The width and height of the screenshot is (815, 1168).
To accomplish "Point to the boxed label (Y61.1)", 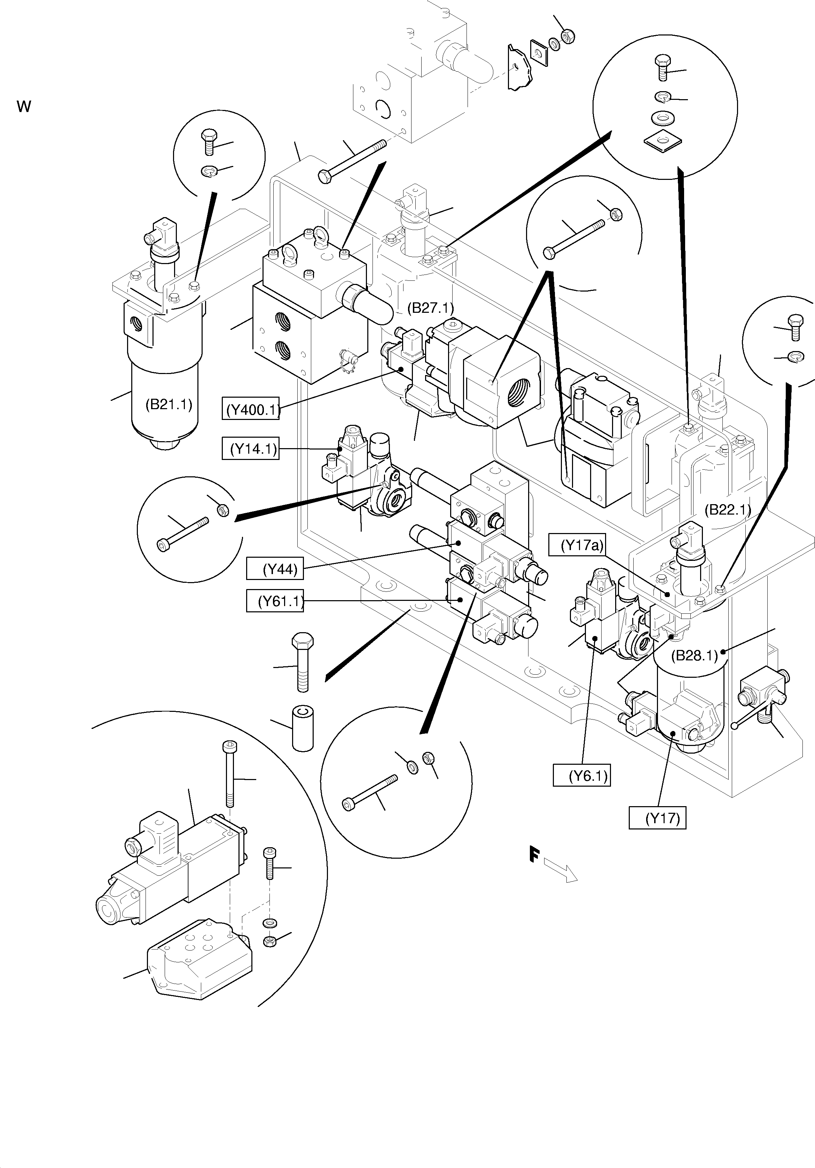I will (x=275, y=602).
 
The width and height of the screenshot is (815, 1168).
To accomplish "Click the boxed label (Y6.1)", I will (x=582, y=790).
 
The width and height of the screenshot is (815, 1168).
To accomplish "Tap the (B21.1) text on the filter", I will (x=169, y=404).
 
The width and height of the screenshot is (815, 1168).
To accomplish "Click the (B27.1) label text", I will (x=430, y=308).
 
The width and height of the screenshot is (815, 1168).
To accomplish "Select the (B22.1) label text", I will (x=727, y=510).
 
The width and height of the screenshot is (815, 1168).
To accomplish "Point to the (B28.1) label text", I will (x=694, y=656).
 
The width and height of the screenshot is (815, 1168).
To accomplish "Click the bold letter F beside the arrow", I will (x=533, y=855).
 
